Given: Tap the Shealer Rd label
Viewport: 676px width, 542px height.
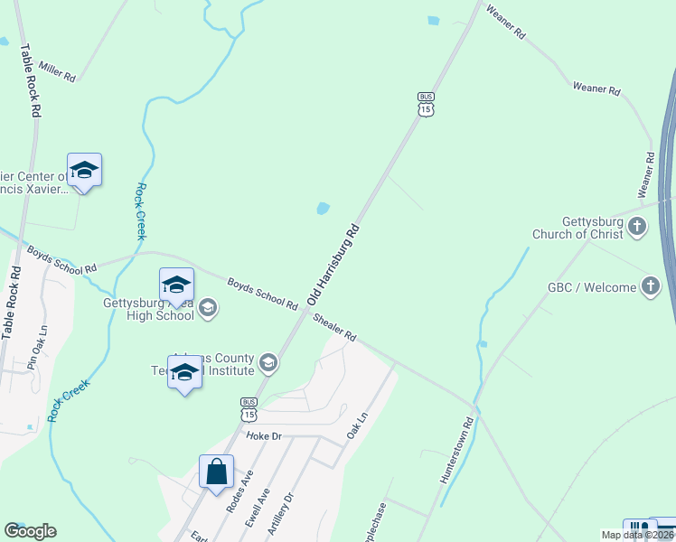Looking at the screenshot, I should [334, 327].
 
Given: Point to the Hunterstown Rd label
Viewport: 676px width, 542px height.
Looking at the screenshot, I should [457, 451].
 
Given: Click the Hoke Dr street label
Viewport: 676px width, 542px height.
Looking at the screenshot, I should [264, 436].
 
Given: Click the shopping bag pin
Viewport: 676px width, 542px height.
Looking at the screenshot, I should [217, 472].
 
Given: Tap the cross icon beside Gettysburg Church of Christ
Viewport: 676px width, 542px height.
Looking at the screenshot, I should [638, 226].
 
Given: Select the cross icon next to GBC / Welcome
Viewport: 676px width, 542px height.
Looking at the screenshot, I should [650, 287].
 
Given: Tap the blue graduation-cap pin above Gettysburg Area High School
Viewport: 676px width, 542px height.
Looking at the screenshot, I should [176, 285].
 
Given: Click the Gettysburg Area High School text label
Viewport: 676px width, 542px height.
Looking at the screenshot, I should [148, 310].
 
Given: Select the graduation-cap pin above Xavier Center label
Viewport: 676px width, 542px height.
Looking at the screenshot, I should [84, 169].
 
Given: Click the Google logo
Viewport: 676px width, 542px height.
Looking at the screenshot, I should [30, 531].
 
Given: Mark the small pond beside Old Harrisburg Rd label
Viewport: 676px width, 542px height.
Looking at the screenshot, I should [322, 210].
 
